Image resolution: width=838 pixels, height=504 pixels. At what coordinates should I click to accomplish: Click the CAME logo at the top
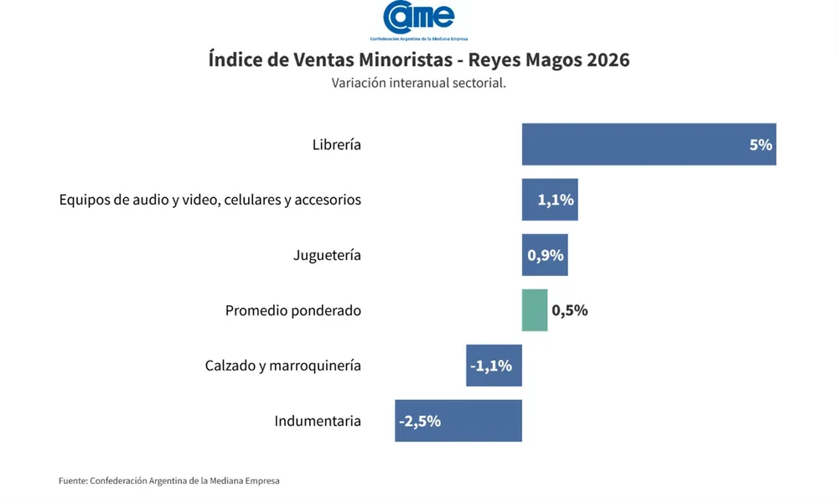419,18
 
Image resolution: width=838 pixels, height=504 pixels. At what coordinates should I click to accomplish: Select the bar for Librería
637,144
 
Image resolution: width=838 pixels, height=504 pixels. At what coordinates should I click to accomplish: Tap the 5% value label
760,144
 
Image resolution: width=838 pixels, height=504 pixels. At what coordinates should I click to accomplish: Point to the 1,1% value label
556,200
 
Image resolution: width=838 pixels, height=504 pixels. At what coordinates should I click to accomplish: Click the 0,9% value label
546,255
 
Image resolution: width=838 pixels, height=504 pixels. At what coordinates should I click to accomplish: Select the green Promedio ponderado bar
535,310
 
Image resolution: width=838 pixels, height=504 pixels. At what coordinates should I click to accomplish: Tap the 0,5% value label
570,310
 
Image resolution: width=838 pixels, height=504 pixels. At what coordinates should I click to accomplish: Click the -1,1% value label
492,366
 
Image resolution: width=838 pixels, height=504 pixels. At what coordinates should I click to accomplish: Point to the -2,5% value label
420,421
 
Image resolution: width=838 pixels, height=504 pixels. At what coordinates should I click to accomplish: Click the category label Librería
336,144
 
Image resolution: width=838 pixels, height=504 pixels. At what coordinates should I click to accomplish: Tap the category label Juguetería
327,255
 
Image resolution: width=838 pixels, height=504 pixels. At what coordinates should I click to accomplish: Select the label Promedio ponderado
293,310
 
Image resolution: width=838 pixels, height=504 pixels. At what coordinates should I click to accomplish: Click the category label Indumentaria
318,421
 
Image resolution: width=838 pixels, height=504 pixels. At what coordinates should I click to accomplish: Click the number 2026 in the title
607,60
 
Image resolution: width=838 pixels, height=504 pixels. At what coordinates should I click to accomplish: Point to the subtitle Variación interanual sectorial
419,83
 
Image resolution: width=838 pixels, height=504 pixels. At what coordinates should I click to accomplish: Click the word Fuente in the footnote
72,481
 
